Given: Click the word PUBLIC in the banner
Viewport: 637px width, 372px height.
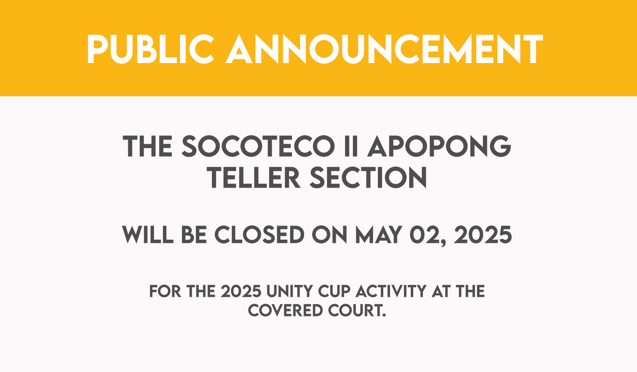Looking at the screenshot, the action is point(150,49).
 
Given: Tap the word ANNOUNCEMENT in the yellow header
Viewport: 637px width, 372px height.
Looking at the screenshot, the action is point(384,49).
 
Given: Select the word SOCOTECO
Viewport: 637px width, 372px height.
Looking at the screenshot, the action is point(258,146).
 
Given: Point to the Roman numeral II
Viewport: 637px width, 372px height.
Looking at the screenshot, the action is point(351,146).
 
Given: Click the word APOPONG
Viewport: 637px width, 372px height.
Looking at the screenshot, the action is point(439,146).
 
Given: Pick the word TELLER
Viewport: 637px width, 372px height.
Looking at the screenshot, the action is point(254,178).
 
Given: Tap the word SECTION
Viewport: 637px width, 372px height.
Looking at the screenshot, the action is point(368,178).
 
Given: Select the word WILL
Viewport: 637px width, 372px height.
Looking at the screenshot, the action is point(147,234).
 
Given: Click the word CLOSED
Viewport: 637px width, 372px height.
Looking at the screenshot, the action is point(260,234).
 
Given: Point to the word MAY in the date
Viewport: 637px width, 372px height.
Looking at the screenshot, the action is point(378,234).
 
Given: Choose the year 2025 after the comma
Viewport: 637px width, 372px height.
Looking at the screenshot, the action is point(483,234).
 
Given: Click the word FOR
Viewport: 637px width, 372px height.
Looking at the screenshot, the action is point(165,291).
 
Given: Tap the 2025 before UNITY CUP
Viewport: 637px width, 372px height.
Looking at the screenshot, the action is point(241,291).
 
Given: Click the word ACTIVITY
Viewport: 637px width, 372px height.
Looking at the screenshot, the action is point(391,291).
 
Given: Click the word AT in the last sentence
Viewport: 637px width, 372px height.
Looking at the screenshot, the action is point(441,291).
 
